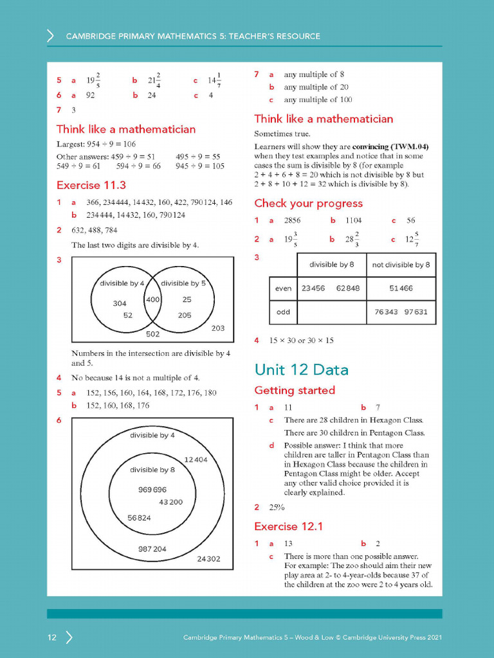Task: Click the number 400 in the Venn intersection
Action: pos(152,300)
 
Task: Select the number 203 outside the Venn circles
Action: pos(218,328)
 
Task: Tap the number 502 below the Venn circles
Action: pos(152,334)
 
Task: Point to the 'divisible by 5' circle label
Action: pos(183,283)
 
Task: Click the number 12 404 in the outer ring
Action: pos(196,459)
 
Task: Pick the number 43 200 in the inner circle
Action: pos(170,502)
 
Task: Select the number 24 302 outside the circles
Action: pos(208,559)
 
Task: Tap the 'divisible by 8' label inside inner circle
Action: pos(152,470)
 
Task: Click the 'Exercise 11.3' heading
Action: pos(91,186)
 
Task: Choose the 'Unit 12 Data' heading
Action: pos(302,369)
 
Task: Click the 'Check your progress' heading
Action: pos(308,204)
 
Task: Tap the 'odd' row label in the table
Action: pos(283,312)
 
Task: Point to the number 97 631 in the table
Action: pos(415,312)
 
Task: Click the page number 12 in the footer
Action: pos(52,637)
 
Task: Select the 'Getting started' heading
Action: pos(295,390)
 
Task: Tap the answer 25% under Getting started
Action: pos(277,507)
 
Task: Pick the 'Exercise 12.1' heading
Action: pos(288,526)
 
